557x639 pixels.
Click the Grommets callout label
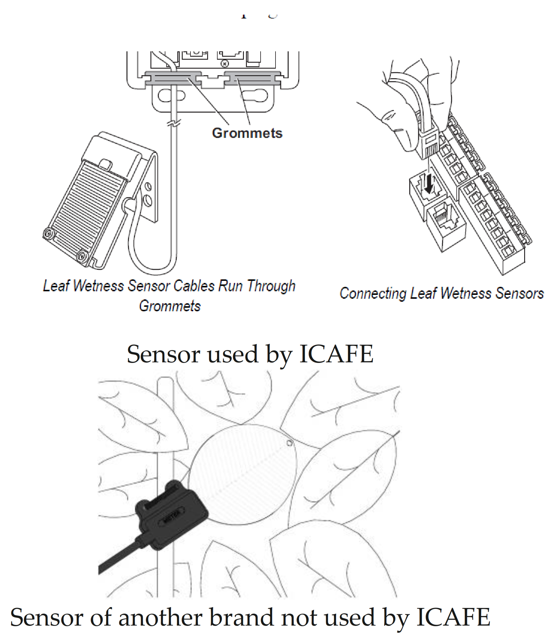pyautogui.click(x=247, y=133)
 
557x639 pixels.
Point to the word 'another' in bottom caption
pyautogui.click(x=160, y=617)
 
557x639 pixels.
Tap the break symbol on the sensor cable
pyautogui.click(x=174, y=122)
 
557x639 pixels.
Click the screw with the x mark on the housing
pyautogui.click(x=225, y=64)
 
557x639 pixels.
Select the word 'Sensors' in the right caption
pyautogui.click(x=519, y=293)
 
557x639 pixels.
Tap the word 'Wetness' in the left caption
pyautogui.click(x=99, y=286)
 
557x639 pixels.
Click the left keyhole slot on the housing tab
pyautogui.click(x=171, y=95)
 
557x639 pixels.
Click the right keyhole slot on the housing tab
pyautogui.click(x=255, y=95)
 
